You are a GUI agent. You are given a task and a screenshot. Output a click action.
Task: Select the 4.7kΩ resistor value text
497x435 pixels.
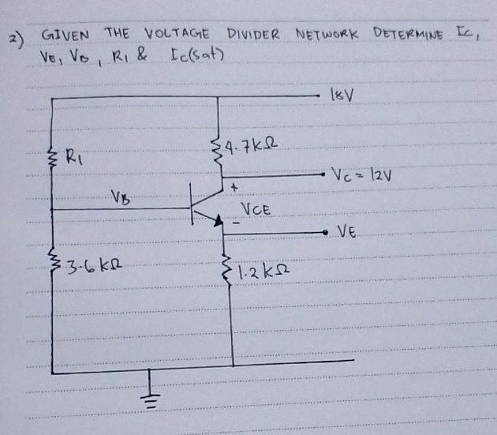click(x=252, y=145)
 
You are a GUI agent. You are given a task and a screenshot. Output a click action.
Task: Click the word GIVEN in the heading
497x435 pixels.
click(x=68, y=36)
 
